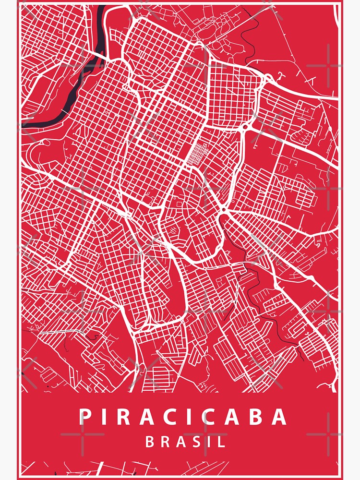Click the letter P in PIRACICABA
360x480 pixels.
coord(85,417)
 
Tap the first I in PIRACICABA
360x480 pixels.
coord(106,417)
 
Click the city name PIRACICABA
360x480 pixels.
coord(183,417)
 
